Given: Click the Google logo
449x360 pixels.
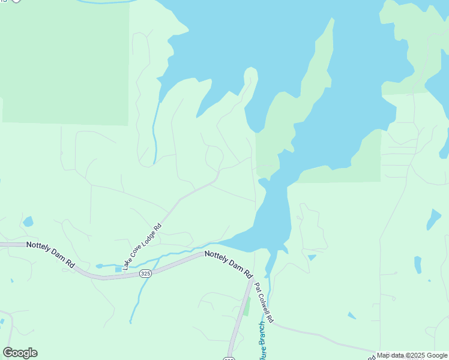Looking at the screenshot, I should coord(20,353).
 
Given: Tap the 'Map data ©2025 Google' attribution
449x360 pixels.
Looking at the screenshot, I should coord(412,355).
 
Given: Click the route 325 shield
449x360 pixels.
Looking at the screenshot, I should coord(145,274).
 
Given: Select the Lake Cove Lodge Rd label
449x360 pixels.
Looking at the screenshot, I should coord(142,247).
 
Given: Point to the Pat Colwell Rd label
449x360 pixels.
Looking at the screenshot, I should coord(264,302).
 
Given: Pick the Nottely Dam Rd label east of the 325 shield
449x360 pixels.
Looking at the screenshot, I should coord(228,263).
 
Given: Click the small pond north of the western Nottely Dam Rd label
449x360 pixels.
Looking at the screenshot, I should coord(28,222).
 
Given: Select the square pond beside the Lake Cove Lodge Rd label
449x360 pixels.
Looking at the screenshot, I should coord(119,269).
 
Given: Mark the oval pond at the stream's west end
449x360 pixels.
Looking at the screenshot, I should coord(100,266).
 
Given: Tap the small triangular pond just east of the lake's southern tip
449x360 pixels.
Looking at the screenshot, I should coord(312,257).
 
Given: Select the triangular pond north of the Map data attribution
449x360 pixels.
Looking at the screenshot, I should coord(352,315).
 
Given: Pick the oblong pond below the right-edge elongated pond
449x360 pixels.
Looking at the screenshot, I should coord(418,265).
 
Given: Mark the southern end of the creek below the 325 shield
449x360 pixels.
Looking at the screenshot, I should coord(130,322).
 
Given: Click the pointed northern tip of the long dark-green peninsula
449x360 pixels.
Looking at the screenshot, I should coord(331,19).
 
